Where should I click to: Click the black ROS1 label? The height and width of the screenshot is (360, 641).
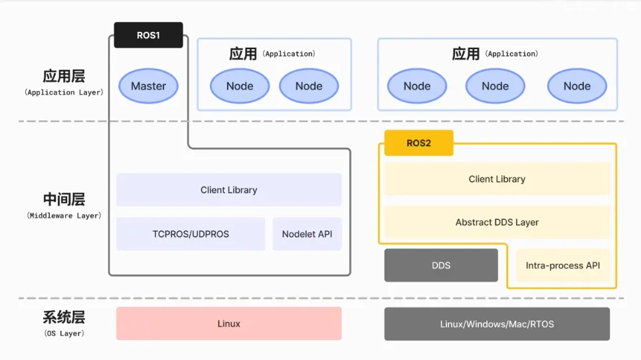click(x=148, y=35)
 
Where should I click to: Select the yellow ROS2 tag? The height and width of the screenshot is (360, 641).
click(x=418, y=143)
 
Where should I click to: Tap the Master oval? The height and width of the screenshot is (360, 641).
click(x=148, y=86)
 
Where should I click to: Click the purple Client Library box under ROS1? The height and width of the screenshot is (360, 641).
click(x=229, y=189)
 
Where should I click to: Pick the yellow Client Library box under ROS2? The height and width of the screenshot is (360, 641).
click(x=497, y=179)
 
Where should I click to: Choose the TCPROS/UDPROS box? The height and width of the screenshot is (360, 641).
click(x=191, y=234)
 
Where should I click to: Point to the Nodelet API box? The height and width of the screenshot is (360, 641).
click(x=307, y=234)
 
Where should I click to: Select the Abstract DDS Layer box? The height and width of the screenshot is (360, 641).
click(x=497, y=223)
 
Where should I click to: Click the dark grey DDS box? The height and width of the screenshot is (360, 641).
click(x=441, y=265)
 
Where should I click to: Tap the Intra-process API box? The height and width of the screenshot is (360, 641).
click(x=563, y=265)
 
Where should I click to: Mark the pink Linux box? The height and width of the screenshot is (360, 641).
click(x=229, y=323)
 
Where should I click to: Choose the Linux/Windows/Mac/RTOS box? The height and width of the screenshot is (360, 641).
click(x=497, y=324)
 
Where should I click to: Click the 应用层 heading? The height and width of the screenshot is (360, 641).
click(x=64, y=76)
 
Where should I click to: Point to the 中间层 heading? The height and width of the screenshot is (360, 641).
click(x=64, y=199)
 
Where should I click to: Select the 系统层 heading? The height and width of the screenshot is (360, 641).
click(x=64, y=317)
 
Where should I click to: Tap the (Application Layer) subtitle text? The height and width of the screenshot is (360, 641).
click(x=64, y=92)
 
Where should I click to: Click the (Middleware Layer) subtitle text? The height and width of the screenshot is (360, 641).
click(x=64, y=215)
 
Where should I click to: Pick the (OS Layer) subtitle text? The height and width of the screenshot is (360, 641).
click(x=64, y=333)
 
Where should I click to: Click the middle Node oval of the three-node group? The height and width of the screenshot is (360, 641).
click(x=495, y=86)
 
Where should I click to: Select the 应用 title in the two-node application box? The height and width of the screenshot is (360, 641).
click(x=243, y=54)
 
